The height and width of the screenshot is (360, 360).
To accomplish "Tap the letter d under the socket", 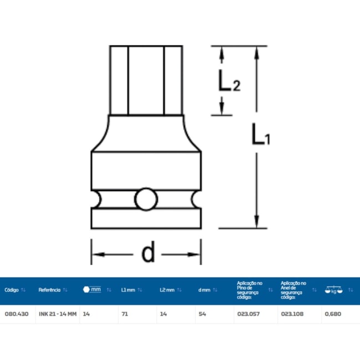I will tap(147, 254).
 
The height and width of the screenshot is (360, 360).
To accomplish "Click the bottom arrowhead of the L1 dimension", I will tap(256, 221).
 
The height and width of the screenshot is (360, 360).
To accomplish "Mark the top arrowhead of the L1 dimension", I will tap(256, 53).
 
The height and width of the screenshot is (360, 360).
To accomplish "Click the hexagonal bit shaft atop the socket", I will tap(146, 80).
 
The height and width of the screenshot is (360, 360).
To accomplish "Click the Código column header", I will tap(12, 290).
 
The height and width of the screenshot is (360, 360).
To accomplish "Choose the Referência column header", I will tap(49, 290).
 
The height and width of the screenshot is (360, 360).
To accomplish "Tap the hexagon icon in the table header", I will tap(86, 290).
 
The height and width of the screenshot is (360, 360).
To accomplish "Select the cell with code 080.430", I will tap(13, 313).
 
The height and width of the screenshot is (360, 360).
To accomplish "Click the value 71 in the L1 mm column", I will tap(125, 313).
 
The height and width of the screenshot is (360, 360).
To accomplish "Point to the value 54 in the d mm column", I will tap(202, 313).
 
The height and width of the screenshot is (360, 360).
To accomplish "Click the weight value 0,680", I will tap(333, 313).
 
